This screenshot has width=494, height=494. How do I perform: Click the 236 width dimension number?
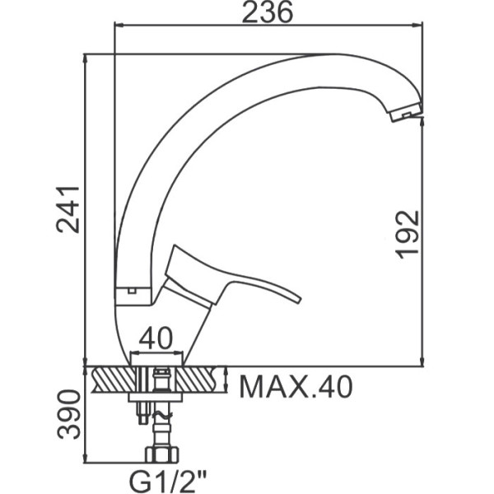[x=268, y=12]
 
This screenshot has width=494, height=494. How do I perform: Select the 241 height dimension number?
[x=68, y=210]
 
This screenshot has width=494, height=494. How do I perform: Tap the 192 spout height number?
[x=408, y=235]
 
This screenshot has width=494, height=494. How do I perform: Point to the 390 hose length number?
[x=68, y=414]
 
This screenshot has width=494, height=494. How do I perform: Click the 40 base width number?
[x=156, y=338]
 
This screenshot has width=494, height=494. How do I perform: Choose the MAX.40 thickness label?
[x=296, y=387]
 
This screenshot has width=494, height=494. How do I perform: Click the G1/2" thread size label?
[x=168, y=482]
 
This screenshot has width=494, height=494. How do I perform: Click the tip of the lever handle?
[x=298, y=300]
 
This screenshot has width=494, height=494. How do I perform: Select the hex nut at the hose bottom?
[x=162, y=454]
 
